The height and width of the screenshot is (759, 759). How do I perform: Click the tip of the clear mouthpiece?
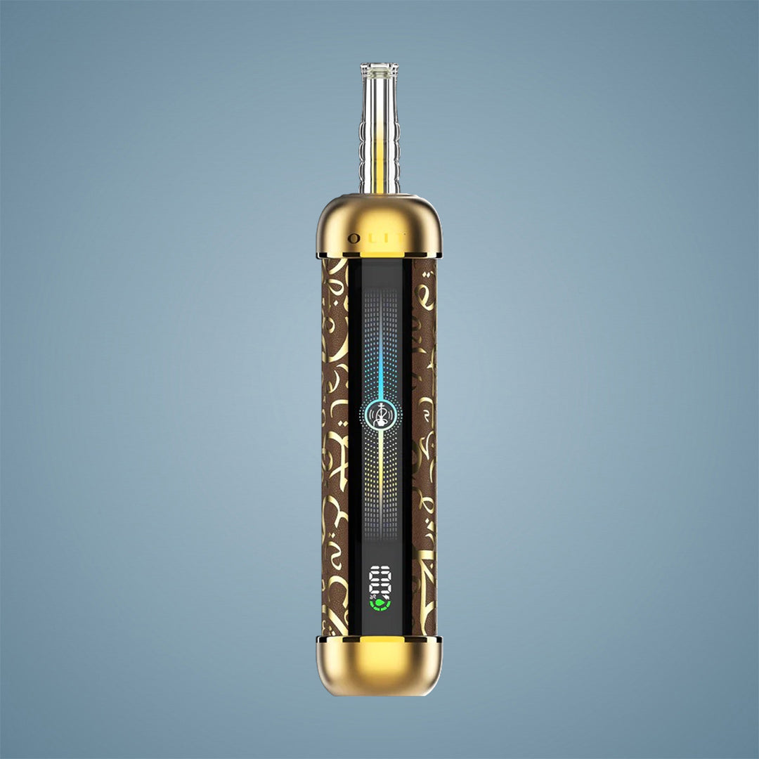[379, 68]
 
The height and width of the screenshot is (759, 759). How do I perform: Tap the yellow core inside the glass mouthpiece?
[379, 169]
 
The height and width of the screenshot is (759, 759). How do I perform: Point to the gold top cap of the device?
[379, 221]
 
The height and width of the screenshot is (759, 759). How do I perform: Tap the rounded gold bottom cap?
[379, 668]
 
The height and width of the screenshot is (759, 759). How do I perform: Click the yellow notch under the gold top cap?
[379, 254]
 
